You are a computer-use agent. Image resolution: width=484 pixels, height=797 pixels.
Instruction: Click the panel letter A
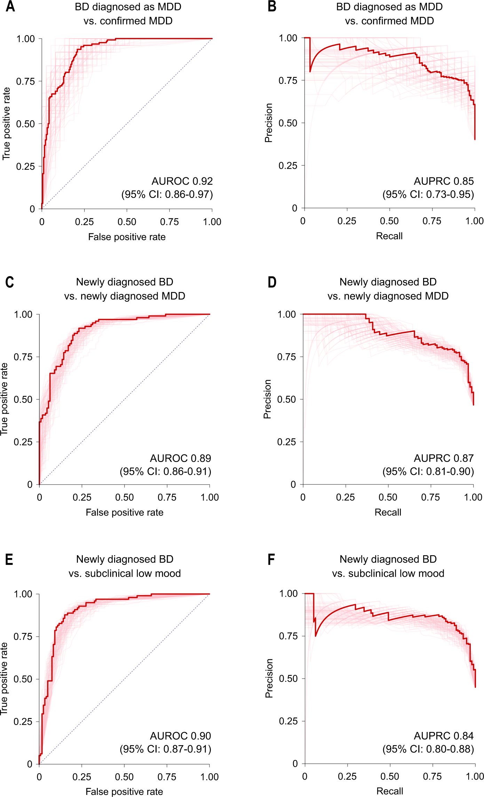pyautogui.click(x=10, y=6)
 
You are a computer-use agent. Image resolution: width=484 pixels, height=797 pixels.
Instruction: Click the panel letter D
pyautogui.click(x=272, y=282)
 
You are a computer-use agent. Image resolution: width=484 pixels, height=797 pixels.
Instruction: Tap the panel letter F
pyautogui.click(x=271, y=559)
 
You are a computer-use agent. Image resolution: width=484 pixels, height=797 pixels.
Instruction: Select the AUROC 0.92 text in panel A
pyautogui.click(x=182, y=181)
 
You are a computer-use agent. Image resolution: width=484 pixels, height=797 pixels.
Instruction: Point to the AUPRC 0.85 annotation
pyautogui.click(x=444, y=181)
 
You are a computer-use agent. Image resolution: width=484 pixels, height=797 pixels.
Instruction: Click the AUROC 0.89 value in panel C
pyautogui.click(x=180, y=458)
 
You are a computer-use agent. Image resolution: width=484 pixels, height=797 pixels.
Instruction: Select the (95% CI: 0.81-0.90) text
pyautogui.click(x=428, y=471)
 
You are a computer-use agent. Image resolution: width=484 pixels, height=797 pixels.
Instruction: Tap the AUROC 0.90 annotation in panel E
pyautogui.click(x=180, y=736)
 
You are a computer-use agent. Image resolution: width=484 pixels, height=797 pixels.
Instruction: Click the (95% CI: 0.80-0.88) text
pyautogui.click(x=428, y=749)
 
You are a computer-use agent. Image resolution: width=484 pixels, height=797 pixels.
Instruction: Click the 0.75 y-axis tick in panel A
pyautogui.click(x=26, y=81)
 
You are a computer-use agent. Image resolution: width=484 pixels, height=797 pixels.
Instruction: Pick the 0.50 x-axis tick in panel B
pyautogui.click(x=389, y=221)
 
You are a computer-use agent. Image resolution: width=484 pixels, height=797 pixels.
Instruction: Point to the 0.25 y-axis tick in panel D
pyautogui.click(x=286, y=442)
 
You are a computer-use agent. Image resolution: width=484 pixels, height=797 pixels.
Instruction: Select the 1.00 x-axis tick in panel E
pyautogui.click(x=209, y=777)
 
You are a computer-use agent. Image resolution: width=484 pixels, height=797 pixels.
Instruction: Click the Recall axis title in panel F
pyautogui.click(x=390, y=791)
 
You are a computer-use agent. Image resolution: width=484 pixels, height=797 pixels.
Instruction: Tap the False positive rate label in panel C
pyautogui.click(x=125, y=512)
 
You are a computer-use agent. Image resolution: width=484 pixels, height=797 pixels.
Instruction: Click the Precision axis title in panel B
pyautogui.click(x=268, y=123)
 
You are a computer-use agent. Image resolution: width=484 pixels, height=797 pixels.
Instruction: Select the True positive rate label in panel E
pyautogui.click(x=4, y=679)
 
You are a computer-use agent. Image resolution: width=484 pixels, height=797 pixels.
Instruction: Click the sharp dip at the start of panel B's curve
pyautogui.click(x=310, y=71)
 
